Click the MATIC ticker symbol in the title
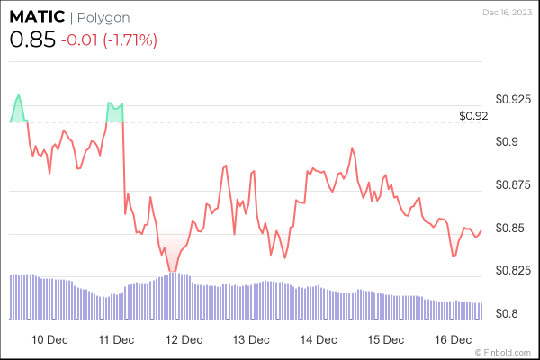pos(36,17)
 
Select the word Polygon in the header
pos(103,17)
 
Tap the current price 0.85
pos(31,40)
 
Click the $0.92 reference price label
pos(472,116)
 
